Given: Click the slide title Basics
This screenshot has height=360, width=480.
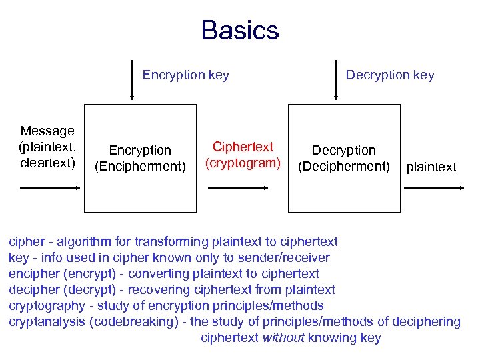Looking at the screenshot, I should coord(240,31).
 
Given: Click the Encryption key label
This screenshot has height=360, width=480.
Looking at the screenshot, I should coord(185,75).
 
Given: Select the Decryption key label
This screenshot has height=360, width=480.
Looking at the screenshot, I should coord(389,75).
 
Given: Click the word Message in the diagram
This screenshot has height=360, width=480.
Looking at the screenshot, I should coord(47,131).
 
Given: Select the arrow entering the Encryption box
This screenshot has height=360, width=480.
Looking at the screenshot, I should coord(50,189).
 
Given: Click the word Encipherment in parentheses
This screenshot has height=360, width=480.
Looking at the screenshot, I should coord(140,166).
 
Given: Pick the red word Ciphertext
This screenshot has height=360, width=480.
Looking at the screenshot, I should coord(243,147).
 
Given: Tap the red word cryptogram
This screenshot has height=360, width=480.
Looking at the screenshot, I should coord(243,162).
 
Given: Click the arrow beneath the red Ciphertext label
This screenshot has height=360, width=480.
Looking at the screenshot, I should coord(242,189).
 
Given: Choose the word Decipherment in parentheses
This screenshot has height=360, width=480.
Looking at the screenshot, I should coord(344,166).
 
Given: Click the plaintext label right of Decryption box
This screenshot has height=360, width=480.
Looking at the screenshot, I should coord(431,167).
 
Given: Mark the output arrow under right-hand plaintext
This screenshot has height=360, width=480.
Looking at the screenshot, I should coord(434,189).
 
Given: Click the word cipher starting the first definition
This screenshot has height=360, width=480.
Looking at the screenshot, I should coord(26,241).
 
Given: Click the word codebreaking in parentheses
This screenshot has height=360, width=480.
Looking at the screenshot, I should coord(139,322).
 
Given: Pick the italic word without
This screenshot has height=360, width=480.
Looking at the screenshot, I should coord(283,338).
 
